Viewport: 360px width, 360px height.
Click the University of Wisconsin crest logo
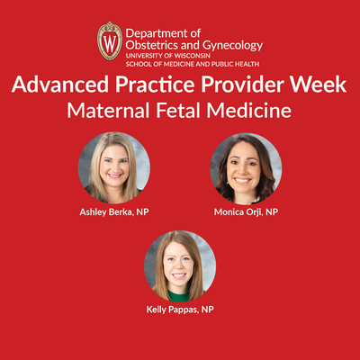[x=110, y=41]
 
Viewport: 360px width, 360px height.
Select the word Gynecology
[x=233, y=46]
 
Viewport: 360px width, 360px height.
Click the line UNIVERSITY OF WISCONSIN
[x=168, y=56]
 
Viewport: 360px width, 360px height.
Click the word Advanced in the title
[x=60, y=85]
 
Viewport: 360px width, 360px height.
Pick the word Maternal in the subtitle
[x=108, y=111]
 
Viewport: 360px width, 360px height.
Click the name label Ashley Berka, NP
[x=114, y=212]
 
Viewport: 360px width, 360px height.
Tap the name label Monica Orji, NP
[x=246, y=212]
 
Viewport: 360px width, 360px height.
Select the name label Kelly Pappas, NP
[x=180, y=310]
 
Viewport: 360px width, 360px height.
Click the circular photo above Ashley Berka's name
[x=114, y=168]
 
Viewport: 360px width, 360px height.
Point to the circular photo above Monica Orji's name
[x=246, y=169]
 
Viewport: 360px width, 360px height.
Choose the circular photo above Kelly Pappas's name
[x=180, y=266]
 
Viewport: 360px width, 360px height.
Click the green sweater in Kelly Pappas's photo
[x=179, y=295]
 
